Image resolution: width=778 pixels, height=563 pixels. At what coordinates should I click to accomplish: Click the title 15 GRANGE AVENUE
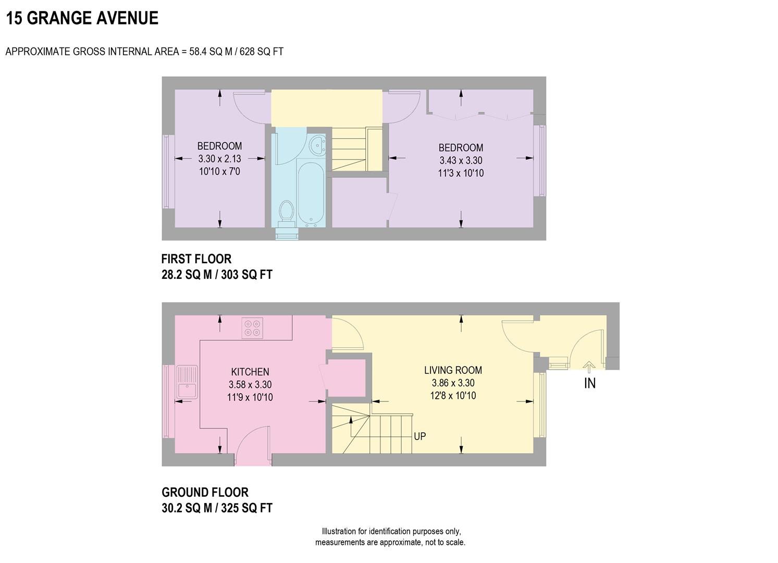(82, 18)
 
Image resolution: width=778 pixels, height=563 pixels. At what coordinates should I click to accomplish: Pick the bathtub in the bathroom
(311, 193)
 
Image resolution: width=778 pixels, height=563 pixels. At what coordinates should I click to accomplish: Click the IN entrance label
(589, 384)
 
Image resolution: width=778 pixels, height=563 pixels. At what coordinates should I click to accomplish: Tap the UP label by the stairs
(419, 436)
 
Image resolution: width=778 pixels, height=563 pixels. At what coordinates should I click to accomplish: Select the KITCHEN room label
(250, 372)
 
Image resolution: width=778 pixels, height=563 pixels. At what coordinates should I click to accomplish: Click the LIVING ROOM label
(453, 370)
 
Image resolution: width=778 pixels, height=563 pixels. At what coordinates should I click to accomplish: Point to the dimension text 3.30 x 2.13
(219, 158)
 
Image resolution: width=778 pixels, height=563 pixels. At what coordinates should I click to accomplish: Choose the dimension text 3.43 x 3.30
(461, 161)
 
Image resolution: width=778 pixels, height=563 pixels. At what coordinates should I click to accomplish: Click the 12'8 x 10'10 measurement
(453, 396)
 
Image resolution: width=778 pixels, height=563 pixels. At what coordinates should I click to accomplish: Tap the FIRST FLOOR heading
(196, 259)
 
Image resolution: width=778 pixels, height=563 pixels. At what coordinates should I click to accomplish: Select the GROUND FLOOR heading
(205, 492)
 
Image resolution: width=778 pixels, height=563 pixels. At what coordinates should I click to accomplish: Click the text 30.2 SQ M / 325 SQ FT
(217, 508)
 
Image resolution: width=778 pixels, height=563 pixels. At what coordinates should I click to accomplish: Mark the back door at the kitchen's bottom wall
(253, 446)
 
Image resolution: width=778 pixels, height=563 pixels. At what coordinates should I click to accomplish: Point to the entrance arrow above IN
(589, 367)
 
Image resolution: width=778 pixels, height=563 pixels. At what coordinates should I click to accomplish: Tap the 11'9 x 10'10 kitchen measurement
(250, 397)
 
